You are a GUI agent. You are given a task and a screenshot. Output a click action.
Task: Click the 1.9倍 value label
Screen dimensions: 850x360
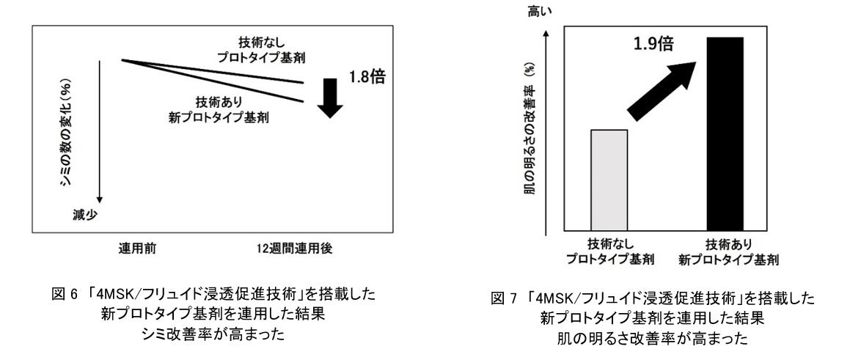[x=654, y=44]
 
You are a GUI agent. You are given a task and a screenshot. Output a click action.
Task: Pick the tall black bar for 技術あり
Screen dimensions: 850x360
[x=724, y=135]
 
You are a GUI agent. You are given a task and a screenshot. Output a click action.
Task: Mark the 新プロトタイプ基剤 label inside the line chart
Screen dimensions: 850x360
[x=229, y=118]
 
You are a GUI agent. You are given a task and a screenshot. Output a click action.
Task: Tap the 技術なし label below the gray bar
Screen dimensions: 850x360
[x=609, y=246]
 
